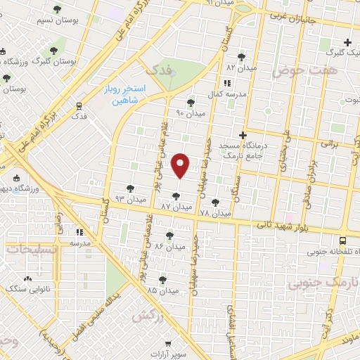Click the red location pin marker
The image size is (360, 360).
click(181, 165)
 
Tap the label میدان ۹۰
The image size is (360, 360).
click(190, 112)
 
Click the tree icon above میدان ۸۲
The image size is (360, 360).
click(241, 56)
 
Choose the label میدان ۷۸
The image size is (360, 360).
click(214, 212)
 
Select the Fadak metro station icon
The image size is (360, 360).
click(79, 105)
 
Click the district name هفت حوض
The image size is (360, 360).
click(323, 71)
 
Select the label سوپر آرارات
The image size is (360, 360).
click(172, 354)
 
